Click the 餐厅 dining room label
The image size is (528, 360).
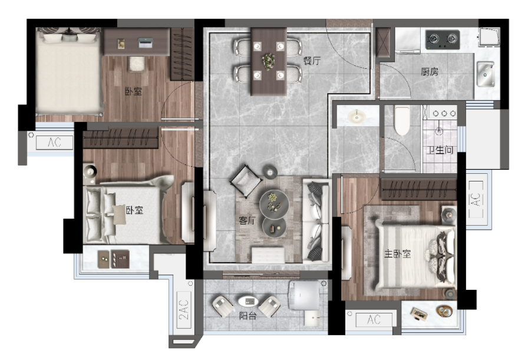point(312,61)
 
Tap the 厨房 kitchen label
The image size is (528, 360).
point(430,72)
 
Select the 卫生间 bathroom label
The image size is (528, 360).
point(440,150)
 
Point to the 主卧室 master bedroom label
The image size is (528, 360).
point(397,253)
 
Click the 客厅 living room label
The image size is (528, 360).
point(247,220)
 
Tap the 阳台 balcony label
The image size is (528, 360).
point(248,316)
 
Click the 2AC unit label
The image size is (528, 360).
point(184,310)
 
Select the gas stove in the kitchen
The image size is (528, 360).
point(443,39)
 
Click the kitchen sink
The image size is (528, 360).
point(485,74)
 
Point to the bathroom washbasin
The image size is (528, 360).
point(357,116)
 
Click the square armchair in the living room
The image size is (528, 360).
point(246,181)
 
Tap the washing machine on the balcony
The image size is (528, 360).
point(304,295)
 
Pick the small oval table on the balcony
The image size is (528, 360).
point(248,300)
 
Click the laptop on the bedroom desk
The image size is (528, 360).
point(145,43)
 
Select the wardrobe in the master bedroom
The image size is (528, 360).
point(418,189)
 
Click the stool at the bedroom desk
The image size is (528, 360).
point(136,64)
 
